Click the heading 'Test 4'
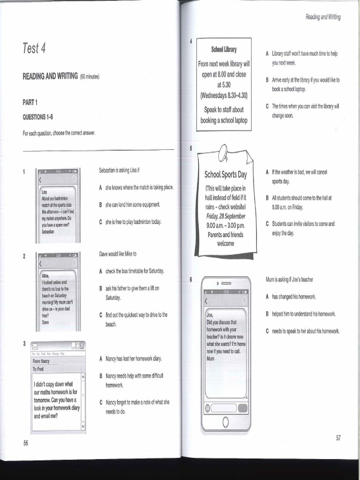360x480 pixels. (x=34, y=48)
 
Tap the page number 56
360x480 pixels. (x=26, y=443)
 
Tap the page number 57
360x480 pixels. (x=338, y=438)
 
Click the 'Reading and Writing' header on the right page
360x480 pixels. (x=323, y=17)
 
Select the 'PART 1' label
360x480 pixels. (x=30, y=102)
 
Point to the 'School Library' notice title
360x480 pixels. (x=224, y=49)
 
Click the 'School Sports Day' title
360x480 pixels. (x=225, y=175)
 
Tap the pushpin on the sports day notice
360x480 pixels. (x=223, y=151)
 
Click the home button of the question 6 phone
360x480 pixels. (x=225, y=422)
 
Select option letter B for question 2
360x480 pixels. (x=101, y=288)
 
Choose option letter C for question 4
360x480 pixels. (x=267, y=106)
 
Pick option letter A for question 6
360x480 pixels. (x=267, y=297)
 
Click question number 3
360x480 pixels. (x=24, y=344)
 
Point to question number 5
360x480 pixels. (x=191, y=148)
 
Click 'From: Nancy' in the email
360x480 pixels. (x=41, y=361)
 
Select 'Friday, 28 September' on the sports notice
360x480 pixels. (x=225, y=216)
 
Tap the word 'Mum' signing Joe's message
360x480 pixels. (x=210, y=359)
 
